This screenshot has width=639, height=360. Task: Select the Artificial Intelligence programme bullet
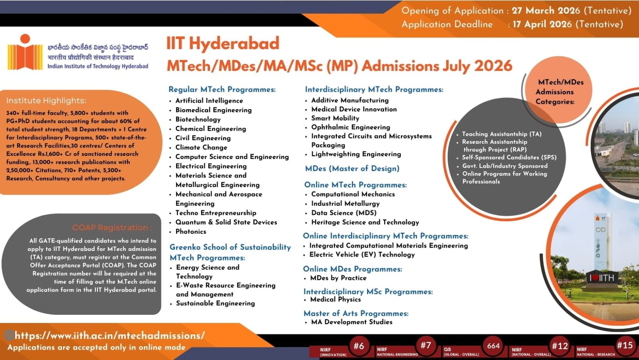tap(209, 101)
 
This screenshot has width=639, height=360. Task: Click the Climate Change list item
tap(201, 147)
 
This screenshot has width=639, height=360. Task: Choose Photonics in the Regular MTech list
tap(191, 232)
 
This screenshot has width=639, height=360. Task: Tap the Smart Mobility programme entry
tap(335, 118)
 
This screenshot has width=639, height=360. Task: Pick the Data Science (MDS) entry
tap(343, 213)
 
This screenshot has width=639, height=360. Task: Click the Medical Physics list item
tap(335, 300)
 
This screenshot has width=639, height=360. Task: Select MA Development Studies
tap(351, 322)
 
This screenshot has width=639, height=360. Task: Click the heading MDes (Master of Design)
tap(352, 169)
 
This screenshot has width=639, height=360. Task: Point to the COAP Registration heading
tap(112, 228)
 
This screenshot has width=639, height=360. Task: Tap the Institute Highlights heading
tap(46, 101)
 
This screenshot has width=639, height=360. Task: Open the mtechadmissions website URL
tap(109, 336)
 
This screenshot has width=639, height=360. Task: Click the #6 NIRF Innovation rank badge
tap(359, 346)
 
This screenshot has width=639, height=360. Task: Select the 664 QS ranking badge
tap(493, 346)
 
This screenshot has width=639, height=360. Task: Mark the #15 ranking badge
tap(625, 345)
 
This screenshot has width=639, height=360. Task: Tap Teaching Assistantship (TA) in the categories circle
tap(502, 134)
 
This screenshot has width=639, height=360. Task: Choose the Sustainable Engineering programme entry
tap(215, 304)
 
